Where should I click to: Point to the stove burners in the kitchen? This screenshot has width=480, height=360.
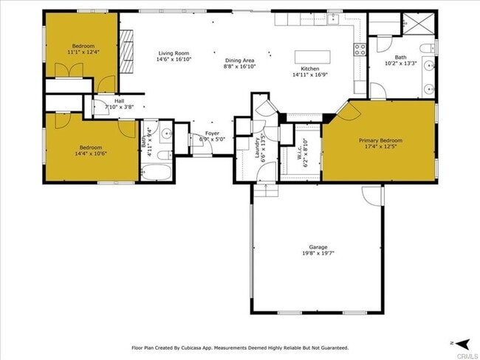[x=360, y=49]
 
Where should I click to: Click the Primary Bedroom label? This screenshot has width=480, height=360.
[x=380, y=140]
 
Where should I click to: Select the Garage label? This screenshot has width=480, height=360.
[x=318, y=247]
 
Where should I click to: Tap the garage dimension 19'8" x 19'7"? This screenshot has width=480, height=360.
[x=318, y=254]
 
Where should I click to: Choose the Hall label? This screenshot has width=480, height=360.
[x=119, y=102]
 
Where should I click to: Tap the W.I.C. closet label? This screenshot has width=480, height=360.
[x=302, y=154]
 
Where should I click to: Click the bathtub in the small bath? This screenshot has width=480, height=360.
[x=156, y=173]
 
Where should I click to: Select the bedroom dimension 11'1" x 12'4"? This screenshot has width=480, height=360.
[x=82, y=52]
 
